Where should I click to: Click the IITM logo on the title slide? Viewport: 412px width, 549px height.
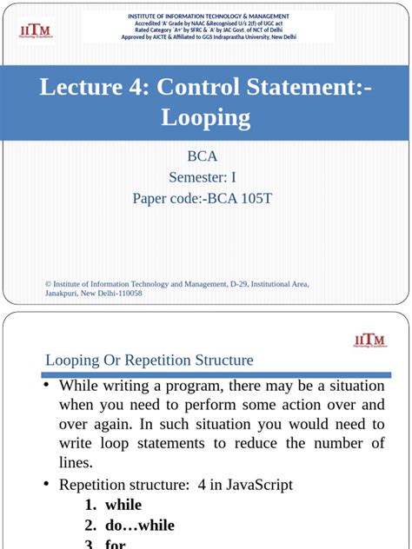(36, 30)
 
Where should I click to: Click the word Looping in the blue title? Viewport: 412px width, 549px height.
(206, 117)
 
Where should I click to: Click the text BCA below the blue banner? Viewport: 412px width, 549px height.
(203, 156)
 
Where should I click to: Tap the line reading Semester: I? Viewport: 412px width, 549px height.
(203, 177)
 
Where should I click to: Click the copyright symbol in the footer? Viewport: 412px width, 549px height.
(48, 284)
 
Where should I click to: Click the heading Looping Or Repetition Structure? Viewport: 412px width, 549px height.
(149, 360)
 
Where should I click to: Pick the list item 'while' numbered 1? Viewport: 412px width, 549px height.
(123, 505)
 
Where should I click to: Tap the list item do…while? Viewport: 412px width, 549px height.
(139, 525)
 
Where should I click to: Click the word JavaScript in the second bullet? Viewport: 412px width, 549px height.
(258, 485)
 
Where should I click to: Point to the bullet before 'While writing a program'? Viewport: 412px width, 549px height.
(48, 385)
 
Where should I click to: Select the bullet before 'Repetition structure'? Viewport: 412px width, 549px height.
(48, 485)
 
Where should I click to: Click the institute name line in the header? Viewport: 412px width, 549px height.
(209, 17)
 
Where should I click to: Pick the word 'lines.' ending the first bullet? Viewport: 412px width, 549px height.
(76, 463)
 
